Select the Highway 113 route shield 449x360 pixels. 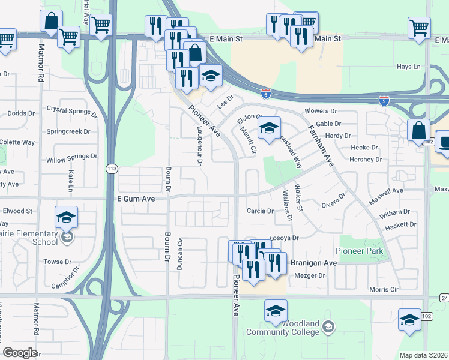[111, 170]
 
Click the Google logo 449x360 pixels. [20, 353]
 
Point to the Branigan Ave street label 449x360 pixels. [314, 263]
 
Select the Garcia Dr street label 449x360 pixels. [260, 211]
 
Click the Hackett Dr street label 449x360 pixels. [401, 224]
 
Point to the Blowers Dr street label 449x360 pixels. [321, 111]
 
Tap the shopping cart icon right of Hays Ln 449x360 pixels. [419, 27]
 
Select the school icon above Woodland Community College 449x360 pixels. [276, 311]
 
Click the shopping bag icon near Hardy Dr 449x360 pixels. [418, 130]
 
